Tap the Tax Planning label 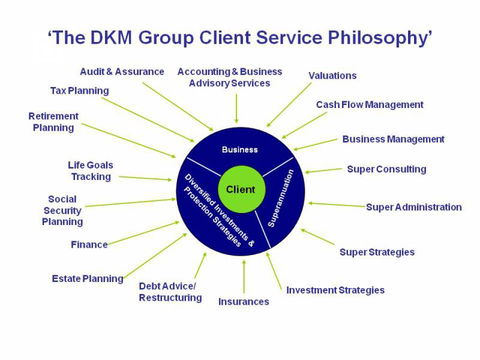pos(80,91)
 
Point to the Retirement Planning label pos(53,122)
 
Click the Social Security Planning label pos(61,210)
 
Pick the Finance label pos(89,245)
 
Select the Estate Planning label pos(88,279)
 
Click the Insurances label pos(244,301)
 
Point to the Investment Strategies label pos(335,290)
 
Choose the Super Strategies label pos(377,252)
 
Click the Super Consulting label pos(386,169)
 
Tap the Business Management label pos(393,139)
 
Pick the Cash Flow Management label pos(369,104)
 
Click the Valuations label pos(332,75)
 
